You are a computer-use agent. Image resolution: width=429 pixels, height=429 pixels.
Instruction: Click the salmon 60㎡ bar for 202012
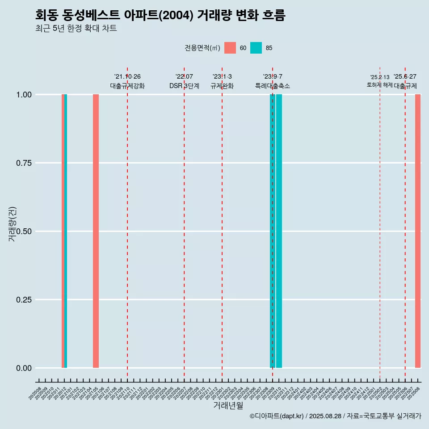[63, 231]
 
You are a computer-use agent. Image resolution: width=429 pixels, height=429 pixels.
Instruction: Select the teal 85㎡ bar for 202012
[66, 231]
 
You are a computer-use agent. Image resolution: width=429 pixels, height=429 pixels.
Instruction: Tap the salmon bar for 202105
[96, 231]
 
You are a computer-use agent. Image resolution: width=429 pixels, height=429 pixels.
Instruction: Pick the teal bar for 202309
[273, 231]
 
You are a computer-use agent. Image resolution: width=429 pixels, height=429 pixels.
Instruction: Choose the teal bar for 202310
[279, 231]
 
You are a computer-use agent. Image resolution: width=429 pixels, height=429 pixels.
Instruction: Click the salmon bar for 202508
[418, 231]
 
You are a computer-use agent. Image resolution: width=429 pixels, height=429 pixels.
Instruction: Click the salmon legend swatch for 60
[230, 48]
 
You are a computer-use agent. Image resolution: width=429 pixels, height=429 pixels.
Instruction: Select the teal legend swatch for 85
[256, 48]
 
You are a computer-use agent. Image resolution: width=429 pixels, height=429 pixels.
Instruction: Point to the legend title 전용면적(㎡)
[202, 48]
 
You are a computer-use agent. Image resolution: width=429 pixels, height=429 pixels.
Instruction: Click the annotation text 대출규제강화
[127, 86]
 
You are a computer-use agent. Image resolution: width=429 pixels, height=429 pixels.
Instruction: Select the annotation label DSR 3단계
[184, 86]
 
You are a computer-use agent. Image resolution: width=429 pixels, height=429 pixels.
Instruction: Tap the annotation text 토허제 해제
[379, 85]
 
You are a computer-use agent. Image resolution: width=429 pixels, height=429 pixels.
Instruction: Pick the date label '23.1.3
[222, 77]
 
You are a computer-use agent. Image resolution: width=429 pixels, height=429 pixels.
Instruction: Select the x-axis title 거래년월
[228, 406]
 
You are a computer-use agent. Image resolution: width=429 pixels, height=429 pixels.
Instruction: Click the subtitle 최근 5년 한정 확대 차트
[76, 29]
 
